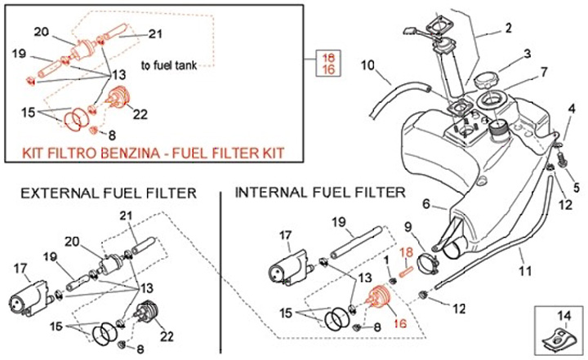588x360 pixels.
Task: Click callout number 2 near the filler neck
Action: (508, 28)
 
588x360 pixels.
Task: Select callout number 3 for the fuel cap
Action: (528, 54)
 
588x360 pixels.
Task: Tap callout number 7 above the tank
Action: (544, 72)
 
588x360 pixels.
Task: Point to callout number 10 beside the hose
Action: (367, 65)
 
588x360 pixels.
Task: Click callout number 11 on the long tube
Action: (525, 270)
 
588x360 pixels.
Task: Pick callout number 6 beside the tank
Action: (425, 204)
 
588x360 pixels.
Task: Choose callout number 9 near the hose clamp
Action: (408, 227)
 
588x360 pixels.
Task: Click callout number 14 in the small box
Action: (564, 316)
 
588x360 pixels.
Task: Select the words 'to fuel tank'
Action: (169, 65)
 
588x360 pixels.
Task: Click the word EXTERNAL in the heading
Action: (60, 193)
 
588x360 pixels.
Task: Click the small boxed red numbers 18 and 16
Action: (327, 64)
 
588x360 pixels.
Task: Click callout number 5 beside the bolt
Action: (576, 186)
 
